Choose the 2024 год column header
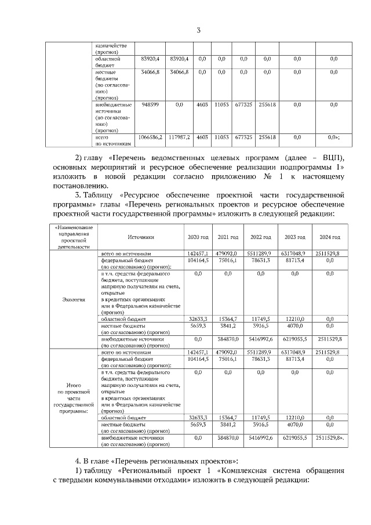point(329,237)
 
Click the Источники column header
point(141,237)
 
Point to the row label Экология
point(74,300)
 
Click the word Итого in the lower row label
point(74,385)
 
